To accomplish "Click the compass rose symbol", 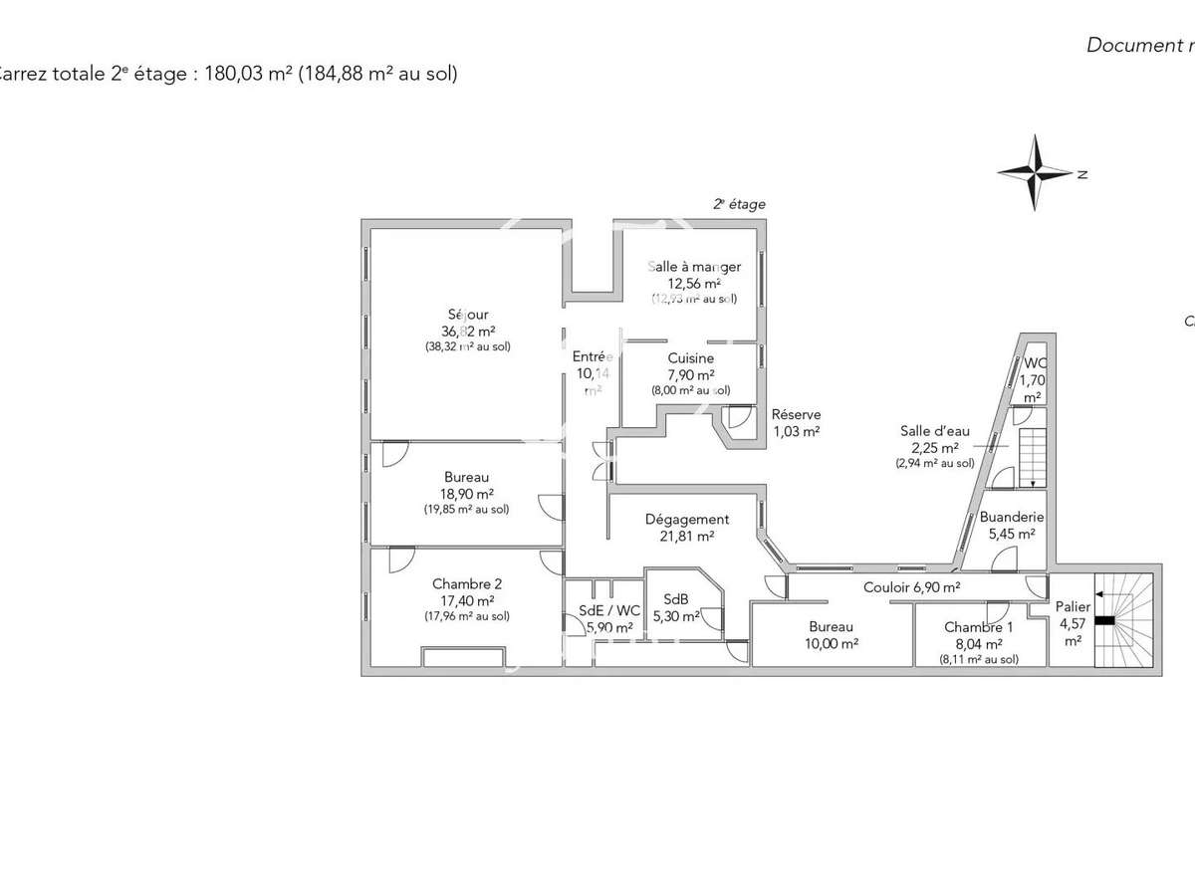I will [1037, 172].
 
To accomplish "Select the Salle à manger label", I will [694, 267].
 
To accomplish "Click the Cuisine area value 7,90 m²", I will [691, 375].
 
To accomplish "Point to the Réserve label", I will [797, 414].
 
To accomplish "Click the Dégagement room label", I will [687, 519].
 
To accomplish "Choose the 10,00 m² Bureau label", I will [831, 627].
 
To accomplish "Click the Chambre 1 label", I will [979, 627].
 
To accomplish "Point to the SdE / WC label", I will [609, 611].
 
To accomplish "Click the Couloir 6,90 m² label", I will [911, 587].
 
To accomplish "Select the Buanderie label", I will [1011, 518].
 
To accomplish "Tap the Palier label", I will [1074, 606].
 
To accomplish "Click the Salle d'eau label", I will [934, 431].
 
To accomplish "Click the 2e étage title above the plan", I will [739, 204].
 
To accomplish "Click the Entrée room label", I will [593, 356].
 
